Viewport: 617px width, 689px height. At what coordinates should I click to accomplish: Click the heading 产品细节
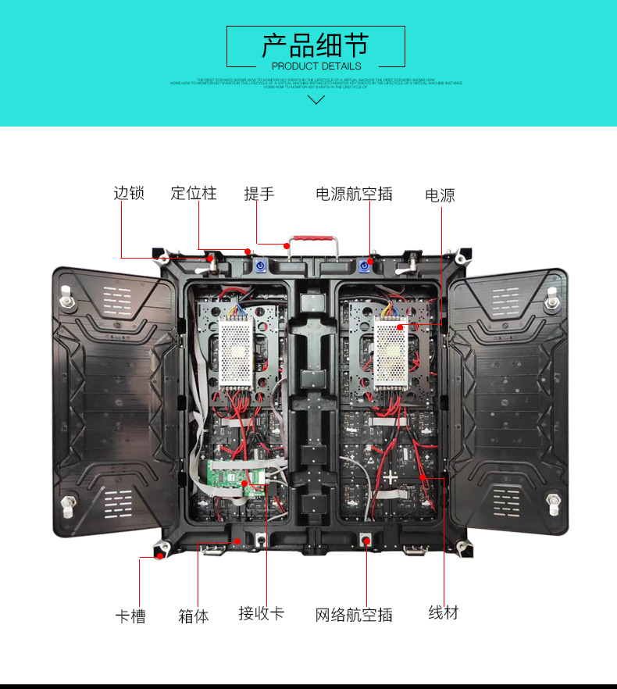tap(316, 45)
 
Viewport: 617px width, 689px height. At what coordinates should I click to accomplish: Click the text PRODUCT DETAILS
tap(316, 66)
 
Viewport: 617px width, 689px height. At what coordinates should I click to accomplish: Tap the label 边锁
tap(129, 193)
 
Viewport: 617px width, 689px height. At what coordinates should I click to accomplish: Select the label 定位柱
tap(194, 193)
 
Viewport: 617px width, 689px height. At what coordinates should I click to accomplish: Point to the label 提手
tap(259, 193)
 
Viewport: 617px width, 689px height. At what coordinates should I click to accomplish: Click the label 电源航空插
tap(354, 194)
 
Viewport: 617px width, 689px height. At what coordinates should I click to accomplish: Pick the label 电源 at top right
tap(440, 195)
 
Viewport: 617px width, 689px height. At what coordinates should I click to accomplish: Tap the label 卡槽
tap(130, 616)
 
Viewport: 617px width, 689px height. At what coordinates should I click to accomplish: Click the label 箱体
tap(194, 616)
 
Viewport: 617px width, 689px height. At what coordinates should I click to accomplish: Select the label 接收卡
tap(261, 613)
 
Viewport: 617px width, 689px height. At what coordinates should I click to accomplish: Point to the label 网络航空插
tap(354, 615)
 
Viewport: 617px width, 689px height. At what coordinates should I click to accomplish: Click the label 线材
tap(443, 612)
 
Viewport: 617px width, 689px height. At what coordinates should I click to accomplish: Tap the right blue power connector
tap(365, 265)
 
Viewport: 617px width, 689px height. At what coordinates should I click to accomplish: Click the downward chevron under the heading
tap(316, 99)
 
